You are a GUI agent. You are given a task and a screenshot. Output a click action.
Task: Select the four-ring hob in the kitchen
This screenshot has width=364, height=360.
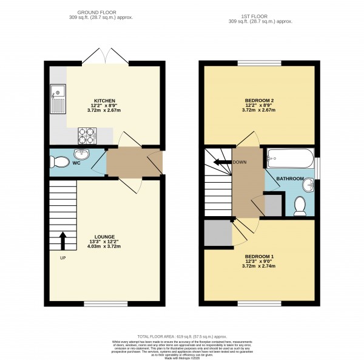[86, 134]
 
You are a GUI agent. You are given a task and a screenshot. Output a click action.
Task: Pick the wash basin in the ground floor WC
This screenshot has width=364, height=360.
[82, 154]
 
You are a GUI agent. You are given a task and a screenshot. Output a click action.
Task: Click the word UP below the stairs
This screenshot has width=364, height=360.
[62, 258]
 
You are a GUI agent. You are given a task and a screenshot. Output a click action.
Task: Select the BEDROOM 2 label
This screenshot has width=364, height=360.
[259, 100]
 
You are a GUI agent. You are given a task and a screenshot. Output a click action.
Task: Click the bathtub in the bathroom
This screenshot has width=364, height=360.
[289, 160]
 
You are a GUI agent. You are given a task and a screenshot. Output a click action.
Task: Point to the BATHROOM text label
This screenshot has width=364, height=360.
[289, 179]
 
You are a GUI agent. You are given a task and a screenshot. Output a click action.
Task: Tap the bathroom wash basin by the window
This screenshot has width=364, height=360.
[310, 183]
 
